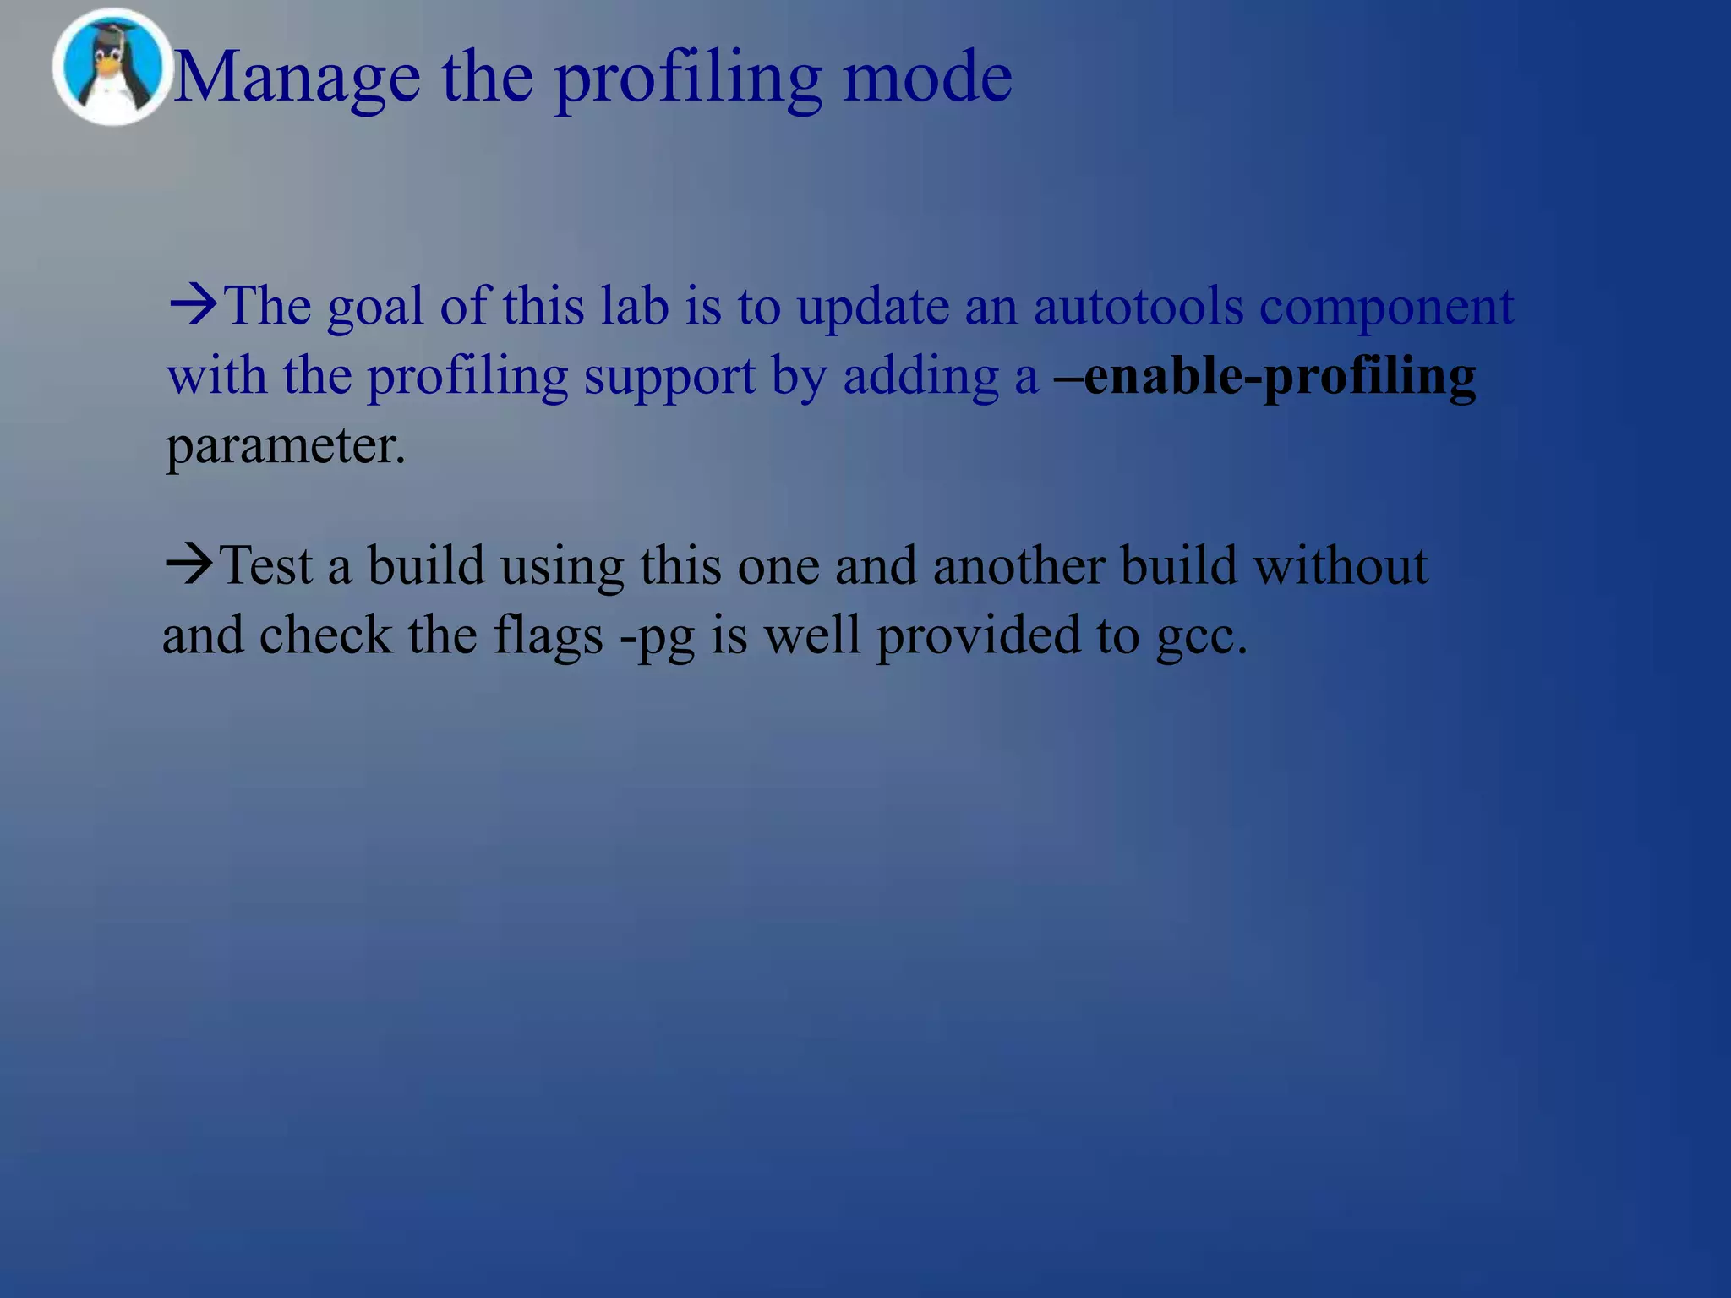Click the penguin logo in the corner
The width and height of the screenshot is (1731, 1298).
point(111,68)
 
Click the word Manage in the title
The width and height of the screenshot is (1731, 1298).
point(297,78)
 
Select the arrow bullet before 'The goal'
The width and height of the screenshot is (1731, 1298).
point(194,305)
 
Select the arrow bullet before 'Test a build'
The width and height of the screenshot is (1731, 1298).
point(189,564)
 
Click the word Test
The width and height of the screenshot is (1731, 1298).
point(265,565)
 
